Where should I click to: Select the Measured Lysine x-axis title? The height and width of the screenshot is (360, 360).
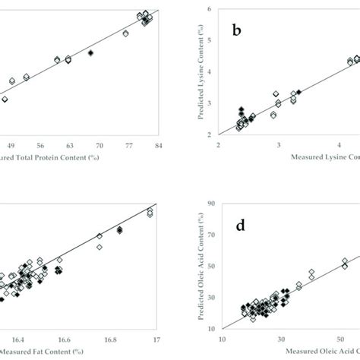319,158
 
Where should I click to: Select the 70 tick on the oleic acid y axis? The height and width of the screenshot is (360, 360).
207,245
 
